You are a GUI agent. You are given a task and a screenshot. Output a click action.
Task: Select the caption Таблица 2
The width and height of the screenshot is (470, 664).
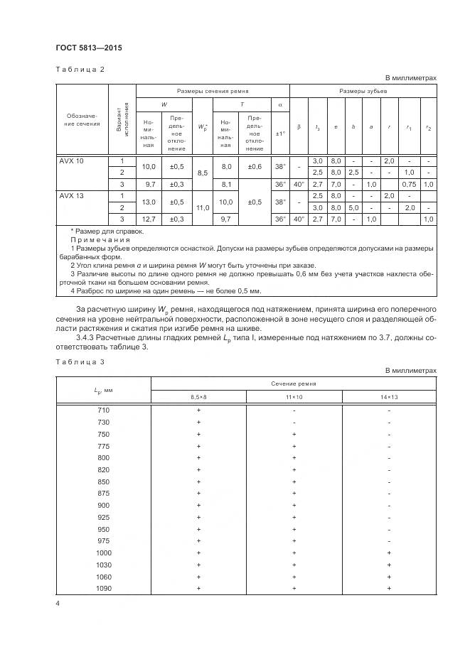pyautogui.click(x=80, y=69)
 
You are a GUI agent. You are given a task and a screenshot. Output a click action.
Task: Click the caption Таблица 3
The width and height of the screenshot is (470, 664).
pyautogui.click(x=80, y=362)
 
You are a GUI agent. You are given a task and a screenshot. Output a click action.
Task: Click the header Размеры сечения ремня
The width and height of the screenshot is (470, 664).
pyautogui.click(x=213, y=92)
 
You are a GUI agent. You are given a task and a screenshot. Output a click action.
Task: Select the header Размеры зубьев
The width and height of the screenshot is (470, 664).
pyautogui.click(x=363, y=92)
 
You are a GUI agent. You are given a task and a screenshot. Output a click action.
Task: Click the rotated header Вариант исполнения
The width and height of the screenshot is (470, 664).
pyautogui.click(x=122, y=119)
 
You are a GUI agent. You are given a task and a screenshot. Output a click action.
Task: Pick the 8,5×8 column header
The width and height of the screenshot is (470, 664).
pyautogui.click(x=198, y=396)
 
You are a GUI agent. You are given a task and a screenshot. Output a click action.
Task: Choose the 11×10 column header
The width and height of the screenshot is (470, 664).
pyautogui.click(x=294, y=396)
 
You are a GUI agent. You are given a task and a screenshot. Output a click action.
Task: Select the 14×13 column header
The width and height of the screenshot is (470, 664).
pyautogui.click(x=389, y=396)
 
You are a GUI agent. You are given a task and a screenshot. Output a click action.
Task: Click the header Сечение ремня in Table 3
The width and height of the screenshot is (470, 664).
pyautogui.click(x=294, y=383)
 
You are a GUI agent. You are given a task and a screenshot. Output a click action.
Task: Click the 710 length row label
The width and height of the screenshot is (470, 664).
pyautogui.click(x=104, y=410)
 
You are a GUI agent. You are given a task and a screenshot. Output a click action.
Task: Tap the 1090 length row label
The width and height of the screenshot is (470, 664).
pyautogui.click(x=104, y=588)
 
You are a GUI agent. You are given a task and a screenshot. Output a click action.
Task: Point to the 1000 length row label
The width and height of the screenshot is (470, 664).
pyautogui.click(x=104, y=553)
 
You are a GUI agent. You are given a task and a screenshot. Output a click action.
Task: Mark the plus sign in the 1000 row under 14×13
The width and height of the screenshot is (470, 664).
pyautogui.click(x=389, y=553)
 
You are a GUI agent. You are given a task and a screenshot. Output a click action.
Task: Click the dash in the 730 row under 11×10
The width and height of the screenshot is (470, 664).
pyautogui.click(x=294, y=423)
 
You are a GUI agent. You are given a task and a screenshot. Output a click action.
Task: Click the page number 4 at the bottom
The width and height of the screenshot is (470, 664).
pyautogui.click(x=58, y=604)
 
